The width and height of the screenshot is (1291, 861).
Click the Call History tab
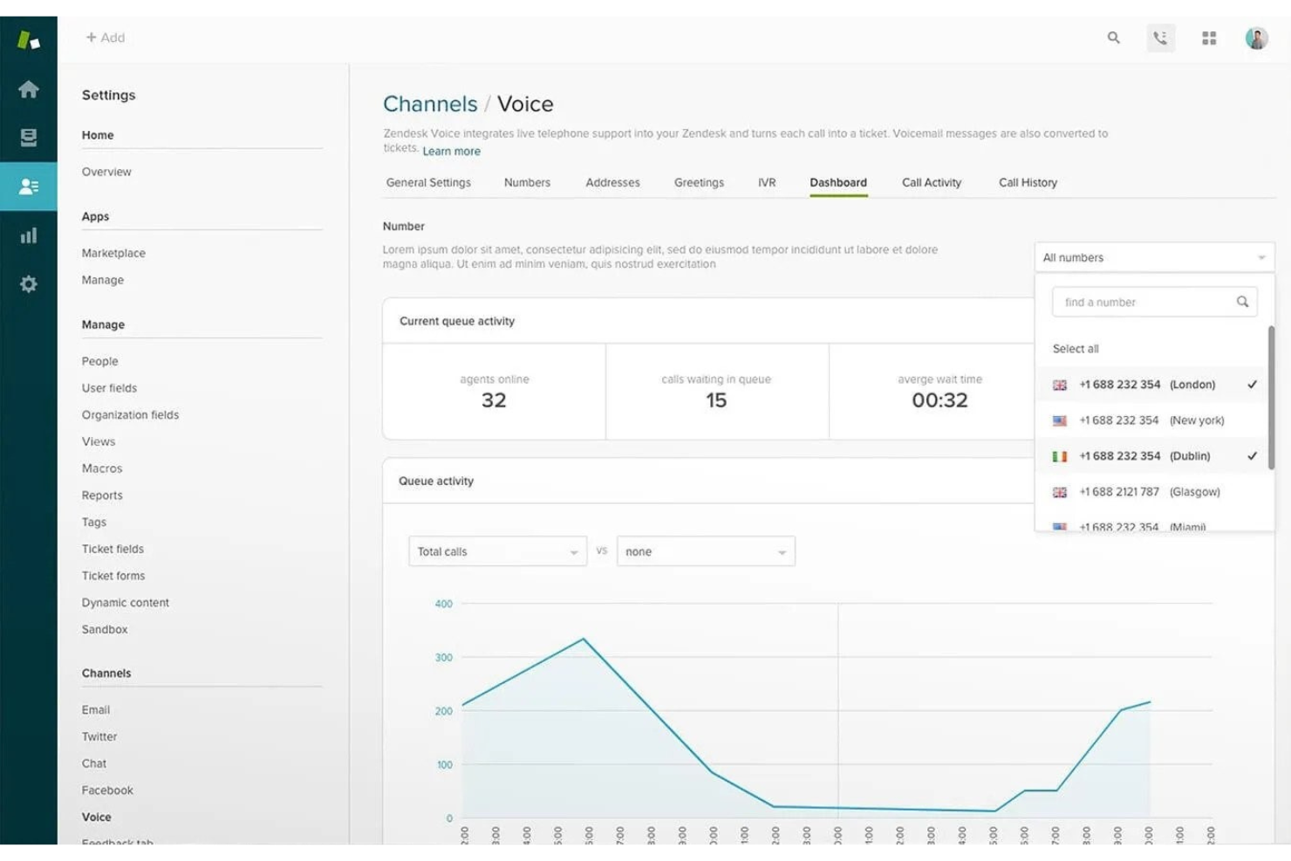[x=1028, y=182]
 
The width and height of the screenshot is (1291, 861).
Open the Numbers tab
[x=527, y=182]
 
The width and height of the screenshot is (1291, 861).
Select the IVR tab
[x=767, y=182]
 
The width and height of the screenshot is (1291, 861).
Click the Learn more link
[x=451, y=151]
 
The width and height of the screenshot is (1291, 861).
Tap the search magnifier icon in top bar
[x=1113, y=38]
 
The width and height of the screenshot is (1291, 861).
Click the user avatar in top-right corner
[x=1256, y=38]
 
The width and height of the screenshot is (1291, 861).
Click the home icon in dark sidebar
[x=29, y=89]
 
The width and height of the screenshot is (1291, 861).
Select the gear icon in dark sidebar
[x=29, y=284]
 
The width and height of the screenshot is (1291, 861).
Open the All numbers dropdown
[x=1153, y=257]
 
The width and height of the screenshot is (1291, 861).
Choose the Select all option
[x=1076, y=349]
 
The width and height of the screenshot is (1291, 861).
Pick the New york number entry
[x=1151, y=420]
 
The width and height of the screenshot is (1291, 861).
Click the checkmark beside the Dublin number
[x=1252, y=456]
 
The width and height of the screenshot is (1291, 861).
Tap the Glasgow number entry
[x=1149, y=492]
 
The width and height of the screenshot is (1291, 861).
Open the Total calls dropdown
[x=497, y=551]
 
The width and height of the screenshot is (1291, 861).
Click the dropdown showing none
[x=705, y=551]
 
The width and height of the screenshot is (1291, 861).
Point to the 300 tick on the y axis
[x=444, y=658]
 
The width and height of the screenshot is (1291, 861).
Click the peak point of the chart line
[x=584, y=639]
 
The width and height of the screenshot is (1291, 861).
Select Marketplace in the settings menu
[x=113, y=253]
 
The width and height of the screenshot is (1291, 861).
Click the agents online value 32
[x=494, y=400]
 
